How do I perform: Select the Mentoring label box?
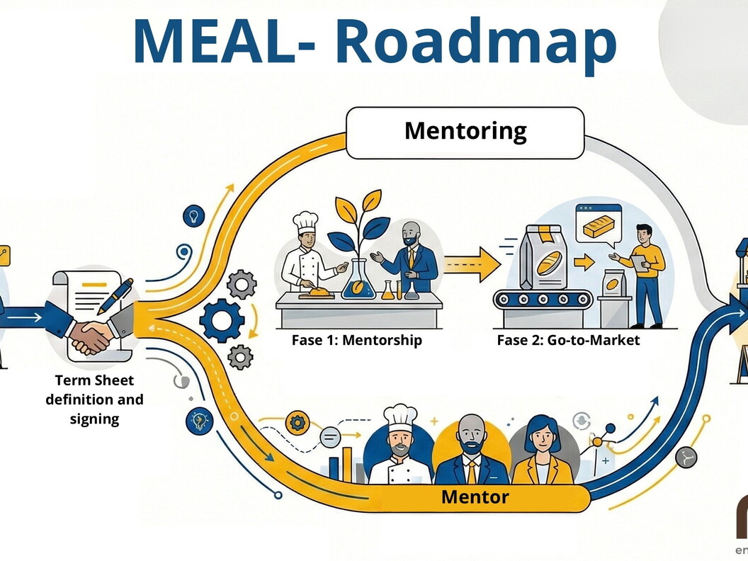tap(465, 132)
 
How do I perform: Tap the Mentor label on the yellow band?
tap(475, 497)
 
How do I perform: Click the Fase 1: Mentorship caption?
tap(356, 340)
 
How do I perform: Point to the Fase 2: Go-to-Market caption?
tap(568, 340)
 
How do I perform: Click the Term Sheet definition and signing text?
tap(95, 399)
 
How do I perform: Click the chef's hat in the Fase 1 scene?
tap(306, 222)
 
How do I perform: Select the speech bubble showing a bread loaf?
tap(598, 226)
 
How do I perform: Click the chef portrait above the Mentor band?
tap(400, 447)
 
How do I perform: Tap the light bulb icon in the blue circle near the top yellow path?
tap(193, 217)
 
